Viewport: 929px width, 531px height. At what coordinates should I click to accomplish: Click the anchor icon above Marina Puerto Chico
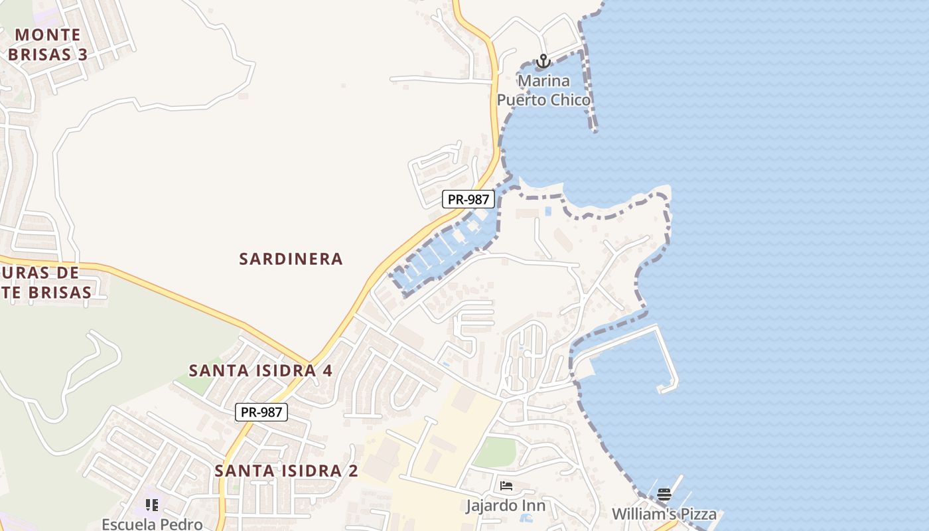coord(543,61)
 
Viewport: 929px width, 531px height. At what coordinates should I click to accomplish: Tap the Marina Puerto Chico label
coord(543,90)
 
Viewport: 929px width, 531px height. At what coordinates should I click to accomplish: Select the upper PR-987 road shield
coord(468,198)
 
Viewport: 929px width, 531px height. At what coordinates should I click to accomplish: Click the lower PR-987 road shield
coord(261,412)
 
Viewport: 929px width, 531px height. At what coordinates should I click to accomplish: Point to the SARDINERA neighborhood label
coord(291,259)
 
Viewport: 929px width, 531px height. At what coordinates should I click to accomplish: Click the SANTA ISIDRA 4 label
coord(261,370)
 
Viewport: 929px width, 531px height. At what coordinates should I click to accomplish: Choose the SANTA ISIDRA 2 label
coord(286,471)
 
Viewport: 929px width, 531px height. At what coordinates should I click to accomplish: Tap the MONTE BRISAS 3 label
coord(48,44)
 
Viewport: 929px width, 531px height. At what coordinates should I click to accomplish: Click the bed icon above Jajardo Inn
coord(506,486)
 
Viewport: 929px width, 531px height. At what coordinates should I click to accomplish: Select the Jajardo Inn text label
coord(506,506)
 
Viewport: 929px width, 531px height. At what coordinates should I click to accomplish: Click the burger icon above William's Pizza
coord(664,494)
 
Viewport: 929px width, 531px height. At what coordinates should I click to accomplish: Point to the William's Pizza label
coord(664,514)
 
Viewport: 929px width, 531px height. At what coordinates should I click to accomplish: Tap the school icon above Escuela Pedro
coord(152,505)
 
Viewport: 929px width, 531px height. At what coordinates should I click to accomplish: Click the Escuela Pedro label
coord(152,524)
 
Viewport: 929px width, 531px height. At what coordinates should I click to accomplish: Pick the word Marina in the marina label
coord(543,81)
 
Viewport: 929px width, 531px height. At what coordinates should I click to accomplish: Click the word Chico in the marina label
coord(566,100)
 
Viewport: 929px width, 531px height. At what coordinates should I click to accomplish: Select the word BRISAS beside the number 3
coord(39,54)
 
